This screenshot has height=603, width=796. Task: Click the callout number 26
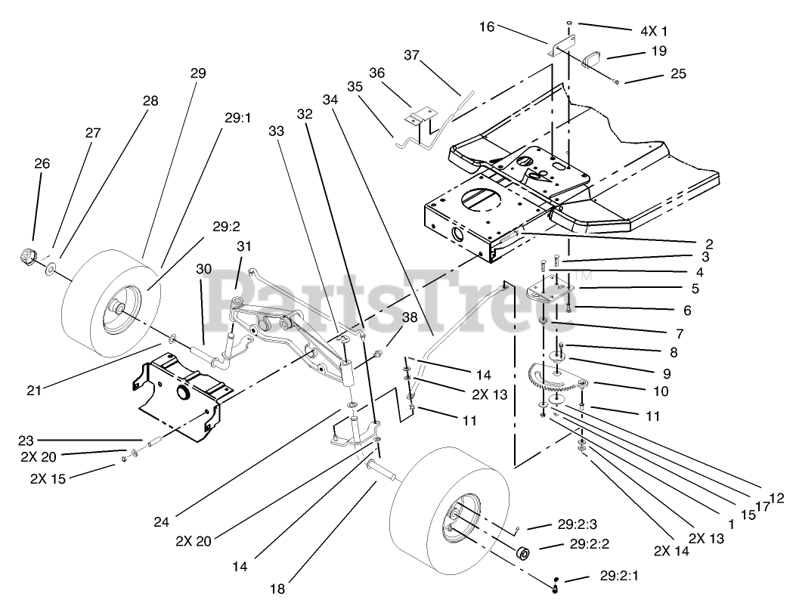[x=43, y=162]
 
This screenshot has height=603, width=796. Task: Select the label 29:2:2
[x=593, y=544]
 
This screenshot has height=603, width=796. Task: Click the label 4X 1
[x=654, y=31]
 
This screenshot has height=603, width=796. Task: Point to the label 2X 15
[x=48, y=478]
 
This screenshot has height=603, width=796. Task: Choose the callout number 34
[x=330, y=99]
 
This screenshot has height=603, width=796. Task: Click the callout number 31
[x=243, y=246]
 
